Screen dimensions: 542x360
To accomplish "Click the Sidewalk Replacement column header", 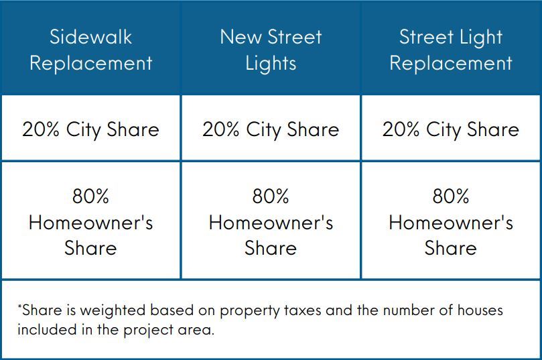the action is pyautogui.click(x=90, y=50).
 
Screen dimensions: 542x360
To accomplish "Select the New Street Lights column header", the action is pyautogui.click(x=271, y=50).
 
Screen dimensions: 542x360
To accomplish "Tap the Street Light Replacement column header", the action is pyautogui.click(x=451, y=50).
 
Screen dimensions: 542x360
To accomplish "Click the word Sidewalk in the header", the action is pyautogui.click(x=90, y=37).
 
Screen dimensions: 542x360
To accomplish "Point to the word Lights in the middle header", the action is pyautogui.click(x=271, y=63).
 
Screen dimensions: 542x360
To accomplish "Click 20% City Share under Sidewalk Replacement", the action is pyautogui.click(x=90, y=129).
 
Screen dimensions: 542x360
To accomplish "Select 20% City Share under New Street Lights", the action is pyautogui.click(x=271, y=129).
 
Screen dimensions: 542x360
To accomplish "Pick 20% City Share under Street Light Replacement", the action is pyautogui.click(x=451, y=129).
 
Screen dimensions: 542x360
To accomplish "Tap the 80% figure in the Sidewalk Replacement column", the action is pyautogui.click(x=90, y=196).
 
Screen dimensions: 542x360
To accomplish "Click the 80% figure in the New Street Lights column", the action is pyautogui.click(x=271, y=196).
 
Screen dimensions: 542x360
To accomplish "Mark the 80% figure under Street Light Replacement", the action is pyautogui.click(x=451, y=196).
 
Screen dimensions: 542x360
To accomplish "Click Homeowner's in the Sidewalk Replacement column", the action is pyautogui.click(x=91, y=223).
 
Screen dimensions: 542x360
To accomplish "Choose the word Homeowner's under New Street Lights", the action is pyautogui.click(x=271, y=223).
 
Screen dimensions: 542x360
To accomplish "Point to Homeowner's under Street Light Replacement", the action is pyautogui.click(x=451, y=223).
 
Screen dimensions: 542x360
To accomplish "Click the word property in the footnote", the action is pyautogui.click(x=250, y=311).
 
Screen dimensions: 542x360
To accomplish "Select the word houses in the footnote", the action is pyautogui.click(x=480, y=310).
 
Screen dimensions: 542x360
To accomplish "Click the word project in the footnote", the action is pyautogui.click(x=148, y=330).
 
